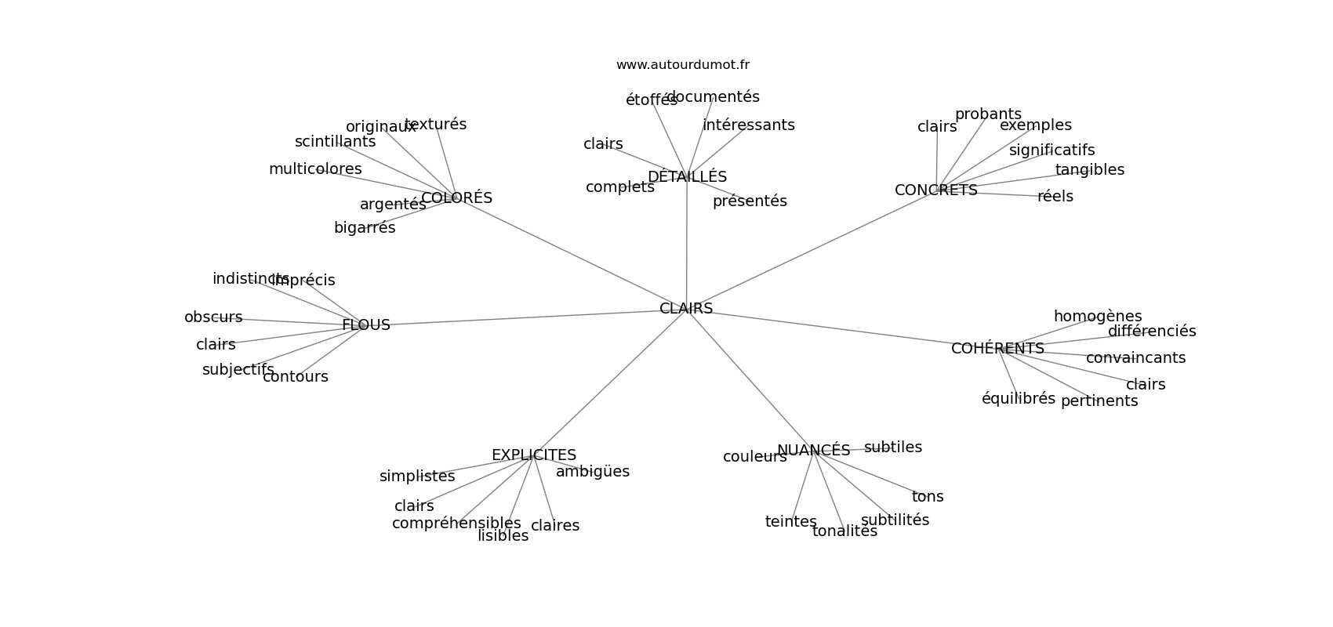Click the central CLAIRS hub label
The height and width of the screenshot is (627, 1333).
(x=686, y=309)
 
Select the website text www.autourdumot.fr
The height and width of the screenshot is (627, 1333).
(x=682, y=65)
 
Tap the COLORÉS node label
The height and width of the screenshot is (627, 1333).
(x=456, y=198)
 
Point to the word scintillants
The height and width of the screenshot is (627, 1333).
(x=335, y=142)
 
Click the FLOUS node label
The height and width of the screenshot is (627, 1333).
(x=365, y=325)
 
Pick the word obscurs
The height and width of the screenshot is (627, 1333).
(x=213, y=317)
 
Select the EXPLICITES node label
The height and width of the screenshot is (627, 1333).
(x=533, y=455)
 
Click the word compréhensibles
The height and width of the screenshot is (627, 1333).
(x=456, y=524)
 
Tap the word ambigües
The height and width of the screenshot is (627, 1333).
(x=592, y=472)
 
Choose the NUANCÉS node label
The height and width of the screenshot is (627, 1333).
(x=813, y=451)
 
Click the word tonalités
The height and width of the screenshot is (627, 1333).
(x=844, y=531)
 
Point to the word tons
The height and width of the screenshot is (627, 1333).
(x=928, y=497)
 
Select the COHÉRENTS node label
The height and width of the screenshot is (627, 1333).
(x=997, y=349)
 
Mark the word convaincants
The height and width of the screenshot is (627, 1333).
(x=1135, y=358)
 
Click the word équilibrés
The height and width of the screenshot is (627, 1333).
(x=1019, y=399)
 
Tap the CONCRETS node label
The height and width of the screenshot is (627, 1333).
(x=935, y=190)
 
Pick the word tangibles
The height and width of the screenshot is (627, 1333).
(x=1089, y=170)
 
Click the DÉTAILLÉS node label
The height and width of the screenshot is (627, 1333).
(x=687, y=177)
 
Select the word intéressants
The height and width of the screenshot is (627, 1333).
(x=748, y=125)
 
